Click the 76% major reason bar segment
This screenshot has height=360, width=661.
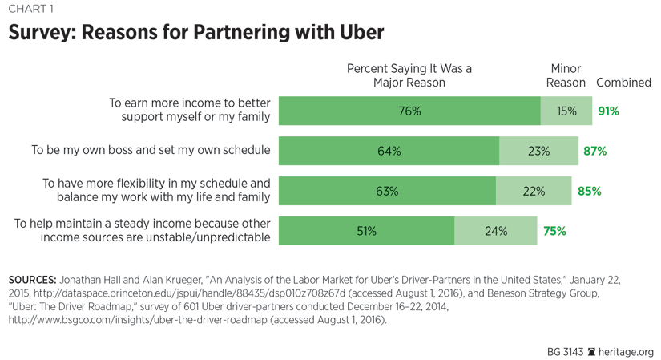pos(409,111)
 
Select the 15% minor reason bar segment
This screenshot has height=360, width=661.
pos(566,111)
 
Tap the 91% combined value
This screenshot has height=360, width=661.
pos(608,111)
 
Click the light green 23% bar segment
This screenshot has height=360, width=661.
pos(538,151)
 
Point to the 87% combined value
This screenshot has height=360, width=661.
pos(595,151)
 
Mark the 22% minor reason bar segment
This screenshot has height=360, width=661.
pos(534,191)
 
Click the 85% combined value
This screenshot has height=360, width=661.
pos(590,191)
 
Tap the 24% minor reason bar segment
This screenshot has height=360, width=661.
pos(496,231)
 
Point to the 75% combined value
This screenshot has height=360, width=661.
pos(554,231)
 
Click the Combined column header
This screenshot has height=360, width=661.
pos(623,83)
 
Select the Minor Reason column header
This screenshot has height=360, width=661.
pos(566,75)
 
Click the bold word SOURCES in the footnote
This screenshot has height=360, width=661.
pos(31,280)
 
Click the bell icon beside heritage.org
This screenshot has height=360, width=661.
pos(592,351)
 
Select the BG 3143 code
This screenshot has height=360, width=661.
pos(566,351)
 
